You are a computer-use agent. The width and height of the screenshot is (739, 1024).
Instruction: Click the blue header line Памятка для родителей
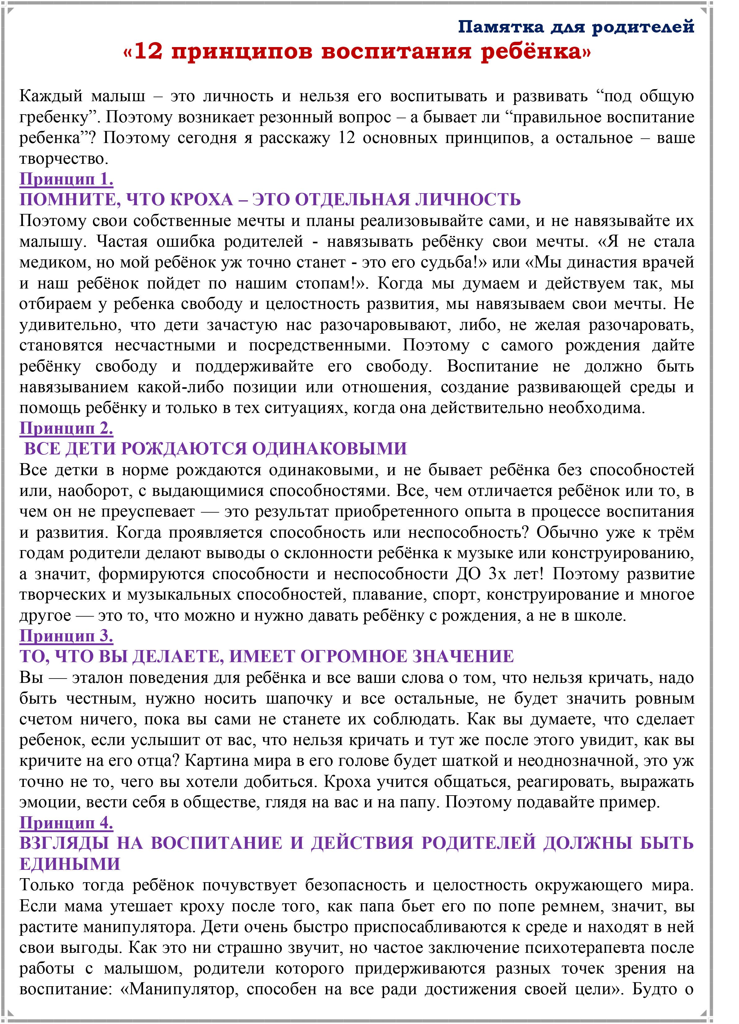(x=576, y=28)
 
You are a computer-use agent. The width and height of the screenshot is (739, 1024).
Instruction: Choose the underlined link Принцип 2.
(x=66, y=428)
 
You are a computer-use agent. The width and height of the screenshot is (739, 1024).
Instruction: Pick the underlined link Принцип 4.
(x=66, y=823)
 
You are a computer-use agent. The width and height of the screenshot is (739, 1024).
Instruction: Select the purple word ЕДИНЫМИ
(x=70, y=864)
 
